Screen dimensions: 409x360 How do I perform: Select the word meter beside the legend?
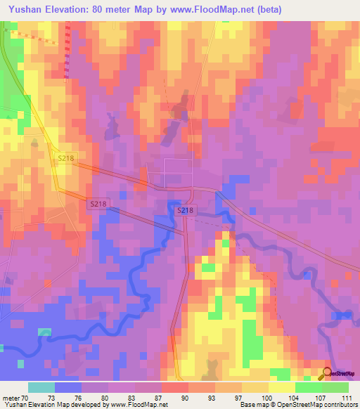coord(11,397)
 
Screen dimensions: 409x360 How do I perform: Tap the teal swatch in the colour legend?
coord(41,387)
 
